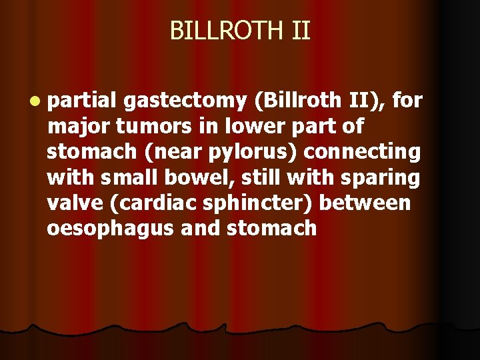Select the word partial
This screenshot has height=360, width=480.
pyautogui.click(x=81, y=101)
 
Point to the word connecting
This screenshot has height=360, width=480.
pyautogui.click(x=363, y=151)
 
